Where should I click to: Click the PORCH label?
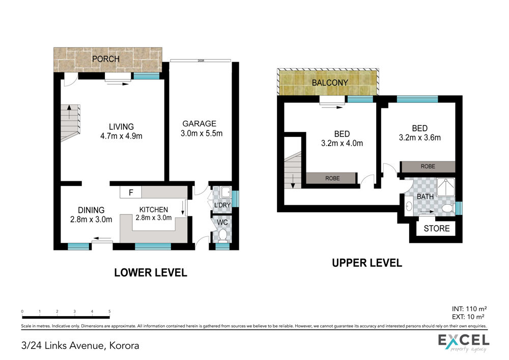click(x=105, y=59)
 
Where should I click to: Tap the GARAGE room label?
click(x=199, y=124)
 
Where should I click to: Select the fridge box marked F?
click(x=131, y=192)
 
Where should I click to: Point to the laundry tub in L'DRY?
click(x=225, y=192)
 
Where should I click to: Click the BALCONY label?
click(x=330, y=83)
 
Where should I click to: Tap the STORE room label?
click(x=437, y=229)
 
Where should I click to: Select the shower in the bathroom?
click(x=446, y=187)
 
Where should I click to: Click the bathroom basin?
click(x=409, y=206)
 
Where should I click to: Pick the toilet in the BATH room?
click(x=448, y=208)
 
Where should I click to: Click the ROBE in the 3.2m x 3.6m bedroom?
click(x=428, y=167)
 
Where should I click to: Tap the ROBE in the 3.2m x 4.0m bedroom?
click(x=332, y=178)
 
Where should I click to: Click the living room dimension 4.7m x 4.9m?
click(x=122, y=136)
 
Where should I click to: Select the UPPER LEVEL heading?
click(x=367, y=263)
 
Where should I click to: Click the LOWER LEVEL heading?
click(x=151, y=272)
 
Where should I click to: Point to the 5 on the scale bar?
click(x=109, y=311)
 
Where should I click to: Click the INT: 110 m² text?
click(x=469, y=309)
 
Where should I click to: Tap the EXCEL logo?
click(x=464, y=342)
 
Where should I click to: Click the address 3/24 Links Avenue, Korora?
click(x=80, y=345)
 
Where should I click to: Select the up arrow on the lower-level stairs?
click(x=69, y=112)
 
